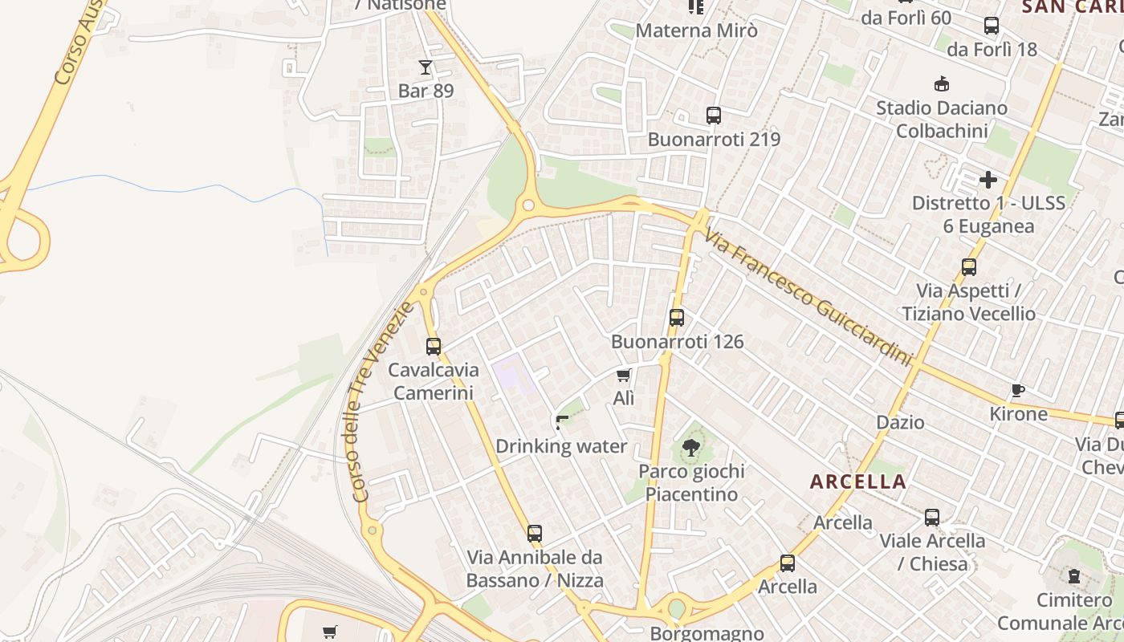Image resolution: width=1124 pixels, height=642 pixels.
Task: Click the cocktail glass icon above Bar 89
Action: click(426, 67)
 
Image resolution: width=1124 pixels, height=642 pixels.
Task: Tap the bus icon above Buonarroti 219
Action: click(714, 116)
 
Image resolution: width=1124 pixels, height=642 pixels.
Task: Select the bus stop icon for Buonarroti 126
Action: click(677, 318)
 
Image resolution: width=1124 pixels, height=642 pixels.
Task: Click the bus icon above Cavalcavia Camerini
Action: click(434, 347)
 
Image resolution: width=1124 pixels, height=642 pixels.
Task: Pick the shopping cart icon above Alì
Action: click(624, 375)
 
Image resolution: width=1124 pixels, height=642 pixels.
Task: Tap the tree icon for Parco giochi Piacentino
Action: click(690, 448)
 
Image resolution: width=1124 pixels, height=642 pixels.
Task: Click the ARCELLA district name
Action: click(858, 482)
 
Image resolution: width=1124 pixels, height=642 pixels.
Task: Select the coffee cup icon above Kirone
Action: click(1018, 391)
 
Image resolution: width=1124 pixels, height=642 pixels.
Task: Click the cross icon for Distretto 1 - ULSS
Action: click(988, 179)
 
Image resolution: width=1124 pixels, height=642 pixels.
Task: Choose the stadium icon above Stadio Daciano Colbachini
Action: click(942, 83)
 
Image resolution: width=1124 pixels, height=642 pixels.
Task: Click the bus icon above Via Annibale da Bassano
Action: click(535, 533)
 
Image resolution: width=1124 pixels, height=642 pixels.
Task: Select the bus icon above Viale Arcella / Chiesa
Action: click(932, 518)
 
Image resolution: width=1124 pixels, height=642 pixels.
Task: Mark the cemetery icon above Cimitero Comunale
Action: click(1074, 576)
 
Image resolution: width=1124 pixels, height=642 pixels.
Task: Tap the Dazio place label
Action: click(900, 422)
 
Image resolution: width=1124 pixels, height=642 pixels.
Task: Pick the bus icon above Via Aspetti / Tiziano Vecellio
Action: click(969, 267)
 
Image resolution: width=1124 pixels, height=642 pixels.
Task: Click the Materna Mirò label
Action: click(696, 30)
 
